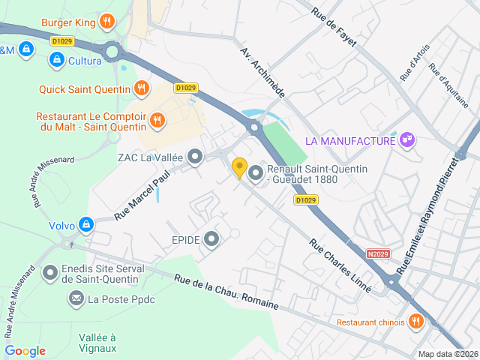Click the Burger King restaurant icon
pyautogui.click(x=107, y=22)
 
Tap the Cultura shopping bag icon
pyautogui.click(x=55, y=59)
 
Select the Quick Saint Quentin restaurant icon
pyautogui.click(x=140, y=89)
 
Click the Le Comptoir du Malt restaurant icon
pyautogui.click(x=157, y=119)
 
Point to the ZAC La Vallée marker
pyautogui.click(x=195, y=157)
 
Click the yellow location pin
pyautogui.click(x=239, y=168)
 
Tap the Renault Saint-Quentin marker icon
pyautogui.click(x=255, y=174)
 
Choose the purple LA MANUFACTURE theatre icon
pyautogui.click(x=407, y=140)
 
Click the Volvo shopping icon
pyautogui.click(x=87, y=224)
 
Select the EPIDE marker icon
pyautogui.click(x=212, y=239)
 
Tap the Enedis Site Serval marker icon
pyautogui.click(x=50, y=272)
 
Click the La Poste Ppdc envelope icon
pyautogui.click(x=76, y=299)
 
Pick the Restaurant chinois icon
pyautogui.click(x=416, y=322)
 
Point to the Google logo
pyautogui.click(x=25, y=350)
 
